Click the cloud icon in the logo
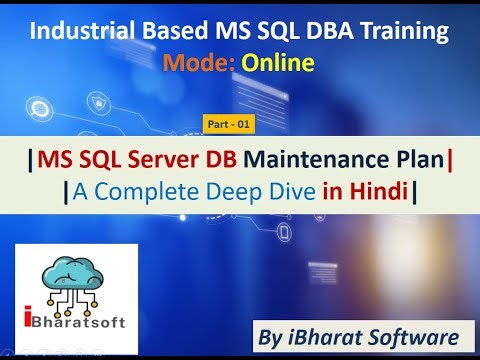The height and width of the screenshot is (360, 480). tap(76, 273)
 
